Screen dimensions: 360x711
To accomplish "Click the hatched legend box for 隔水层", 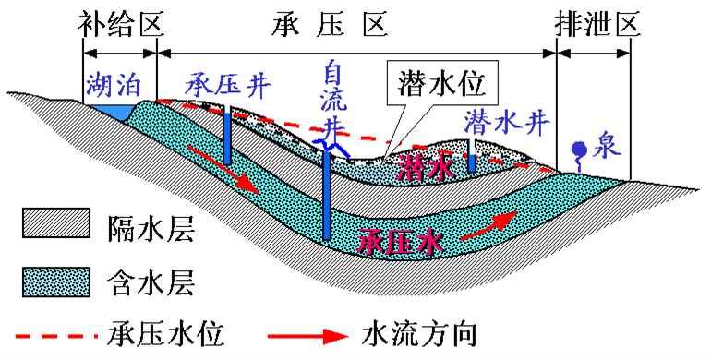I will click(54, 224).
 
